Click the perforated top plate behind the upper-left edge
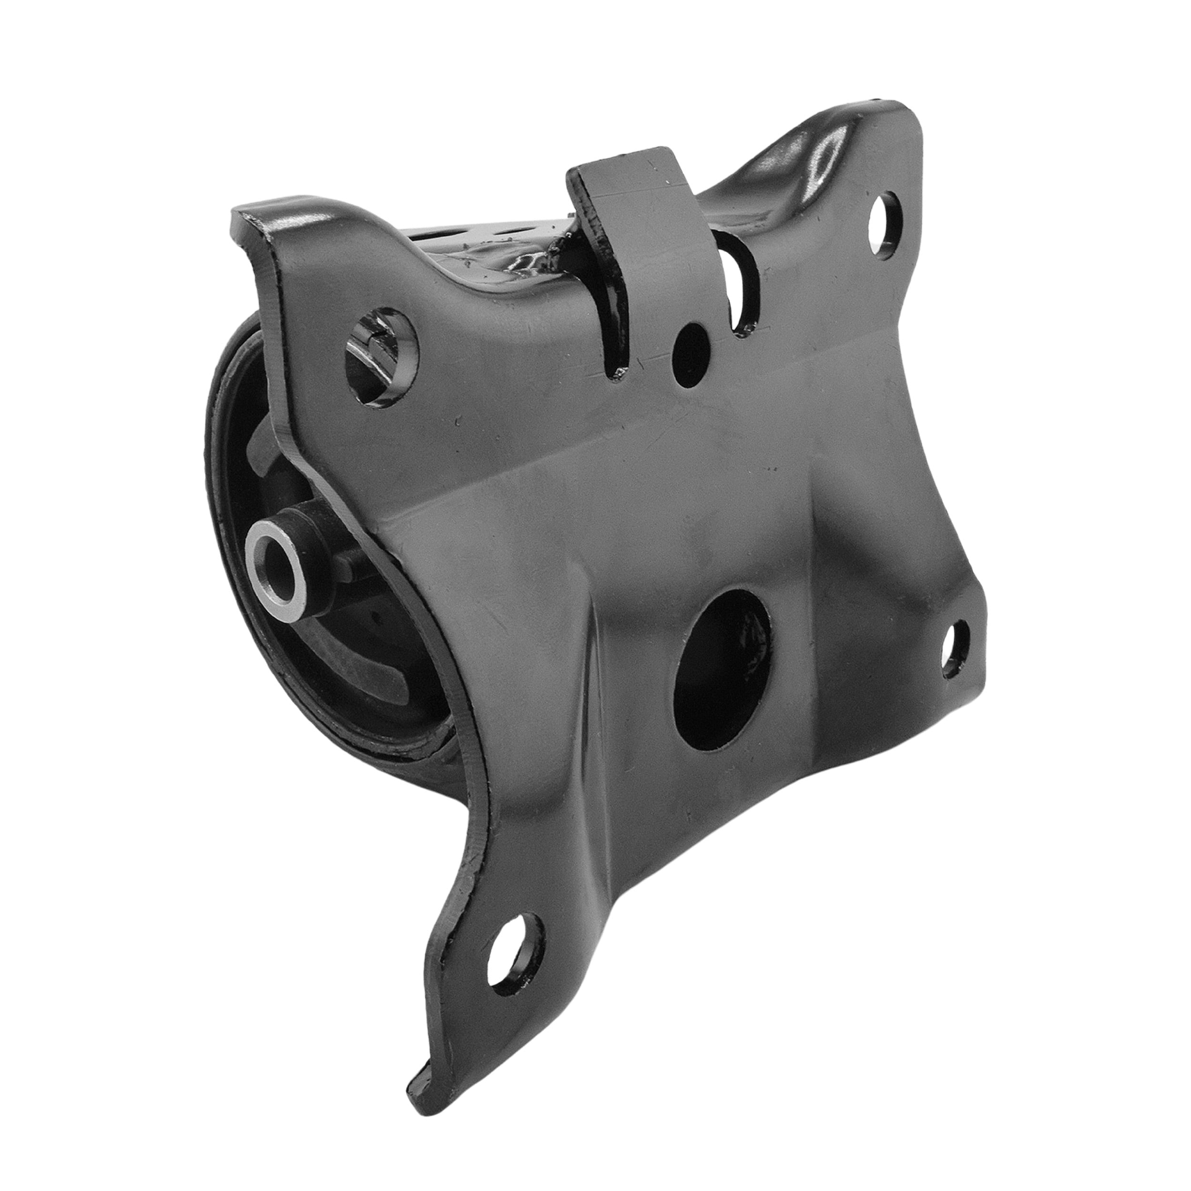coord(468,237)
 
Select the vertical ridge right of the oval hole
coord(814,616)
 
